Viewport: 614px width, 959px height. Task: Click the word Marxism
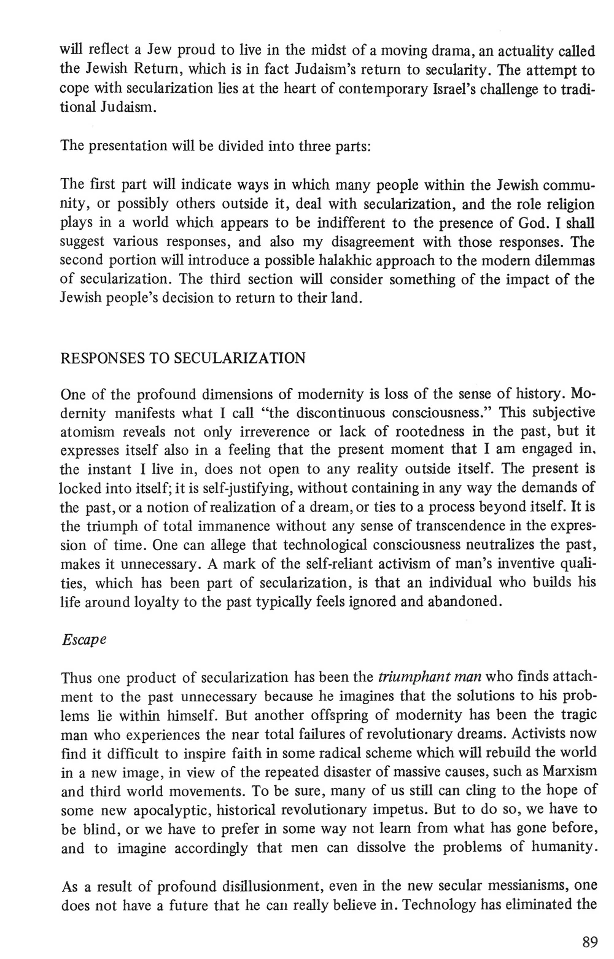pos(569,771)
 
